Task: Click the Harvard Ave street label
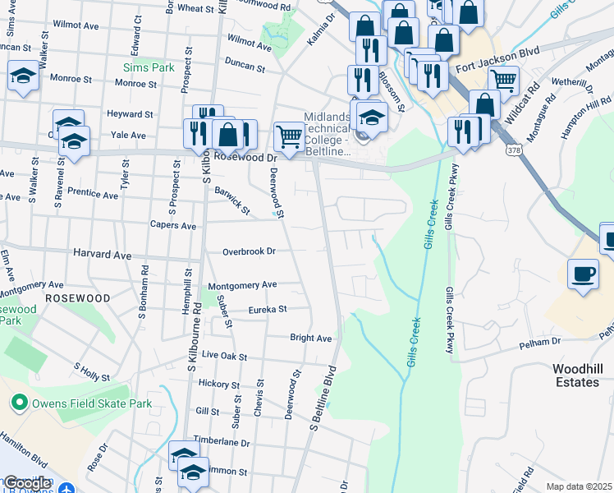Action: click(x=102, y=256)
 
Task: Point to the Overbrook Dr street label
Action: click(x=249, y=251)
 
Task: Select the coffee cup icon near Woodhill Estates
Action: click(x=584, y=274)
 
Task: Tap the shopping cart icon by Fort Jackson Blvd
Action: click(x=502, y=80)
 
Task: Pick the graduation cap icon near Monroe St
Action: click(x=23, y=77)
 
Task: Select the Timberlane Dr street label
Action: click(x=222, y=442)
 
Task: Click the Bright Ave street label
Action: click(x=310, y=338)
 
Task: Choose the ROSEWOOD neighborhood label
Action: click(x=77, y=297)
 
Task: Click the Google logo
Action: click(x=26, y=483)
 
